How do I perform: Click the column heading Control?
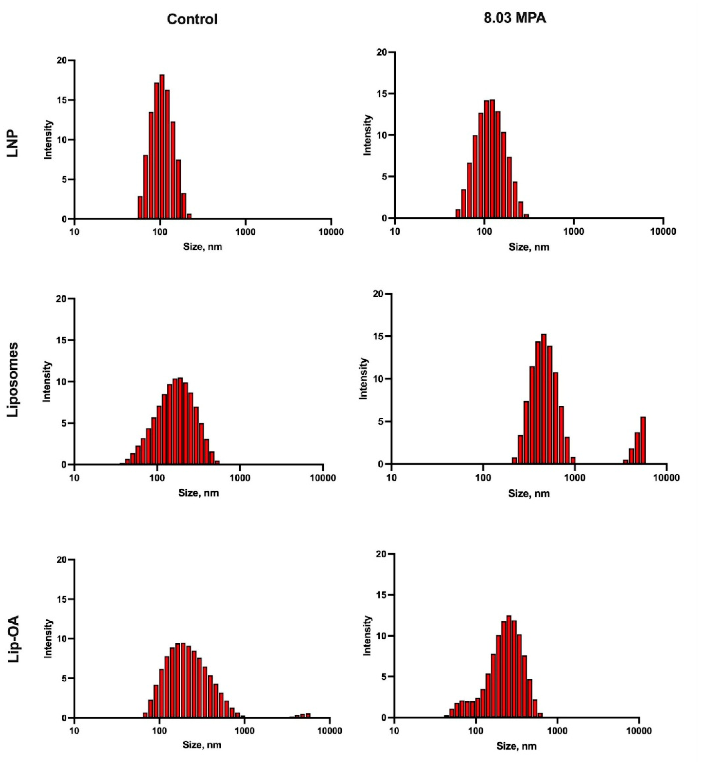pos(192,19)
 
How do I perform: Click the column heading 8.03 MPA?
pos(515,18)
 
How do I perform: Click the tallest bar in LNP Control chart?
pos(162,147)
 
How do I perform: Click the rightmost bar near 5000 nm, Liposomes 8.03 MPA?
pos(643,440)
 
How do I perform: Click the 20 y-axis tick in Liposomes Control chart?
pos(61,299)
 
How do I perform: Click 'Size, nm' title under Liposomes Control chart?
pos(198,493)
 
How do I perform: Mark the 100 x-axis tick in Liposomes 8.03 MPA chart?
pos(483,477)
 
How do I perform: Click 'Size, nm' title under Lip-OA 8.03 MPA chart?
pos(516,746)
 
